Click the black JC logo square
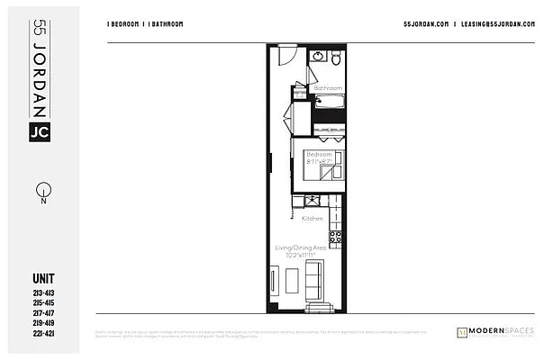pos(40,132)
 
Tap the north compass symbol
pos(41,192)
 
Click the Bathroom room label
pos(328,87)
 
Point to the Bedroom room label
pos(320,154)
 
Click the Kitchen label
pos(313,219)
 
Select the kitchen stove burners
pos(336,237)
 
